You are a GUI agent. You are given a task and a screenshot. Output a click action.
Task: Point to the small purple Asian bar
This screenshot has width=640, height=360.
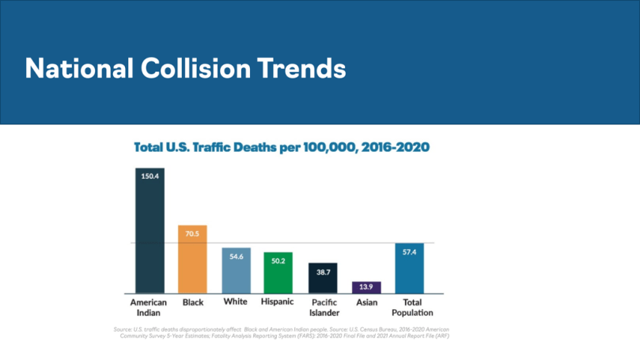pos(366,287)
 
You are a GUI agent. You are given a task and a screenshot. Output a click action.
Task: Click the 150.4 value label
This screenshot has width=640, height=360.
pos(150,176)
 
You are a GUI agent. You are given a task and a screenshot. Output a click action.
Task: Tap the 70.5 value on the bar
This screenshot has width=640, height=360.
pos(192,233)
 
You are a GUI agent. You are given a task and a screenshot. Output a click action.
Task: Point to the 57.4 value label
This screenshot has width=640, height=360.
pos(409,252)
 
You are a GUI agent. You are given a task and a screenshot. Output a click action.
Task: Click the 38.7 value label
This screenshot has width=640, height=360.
pos(323,271)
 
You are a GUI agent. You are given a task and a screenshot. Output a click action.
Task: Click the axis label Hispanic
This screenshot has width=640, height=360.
pos(278,302)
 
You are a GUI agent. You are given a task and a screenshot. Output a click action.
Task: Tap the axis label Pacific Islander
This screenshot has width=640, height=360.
pos(323,308)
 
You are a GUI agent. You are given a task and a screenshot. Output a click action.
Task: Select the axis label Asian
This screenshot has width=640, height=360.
pos(366,302)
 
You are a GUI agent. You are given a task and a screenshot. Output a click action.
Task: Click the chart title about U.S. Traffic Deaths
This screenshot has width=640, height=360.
pos(281,148)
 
